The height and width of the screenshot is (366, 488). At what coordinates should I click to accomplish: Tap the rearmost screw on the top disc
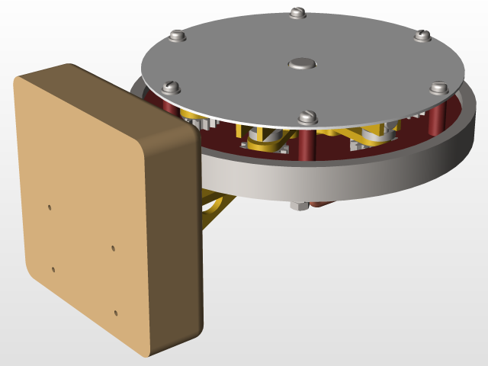pyautogui.click(x=297, y=13)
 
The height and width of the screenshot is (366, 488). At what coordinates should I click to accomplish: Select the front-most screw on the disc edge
pyautogui.click(x=307, y=117)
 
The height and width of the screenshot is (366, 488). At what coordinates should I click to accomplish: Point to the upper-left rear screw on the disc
pyautogui.click(x=178, y=36)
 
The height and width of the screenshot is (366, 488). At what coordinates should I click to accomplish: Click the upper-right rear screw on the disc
pyautogui.click(x=422, y=35)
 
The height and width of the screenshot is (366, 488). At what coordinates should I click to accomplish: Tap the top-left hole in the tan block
pyautogui.click(x=50, y=207)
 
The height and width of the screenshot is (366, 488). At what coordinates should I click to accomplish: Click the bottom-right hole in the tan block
pyautogui.click(x=116, y=313)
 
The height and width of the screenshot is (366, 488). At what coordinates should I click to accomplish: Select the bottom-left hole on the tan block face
pyautogui.click(x=53, y=269)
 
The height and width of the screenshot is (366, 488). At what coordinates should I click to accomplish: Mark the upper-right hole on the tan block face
pyautogui.click(x=113, y=248)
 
